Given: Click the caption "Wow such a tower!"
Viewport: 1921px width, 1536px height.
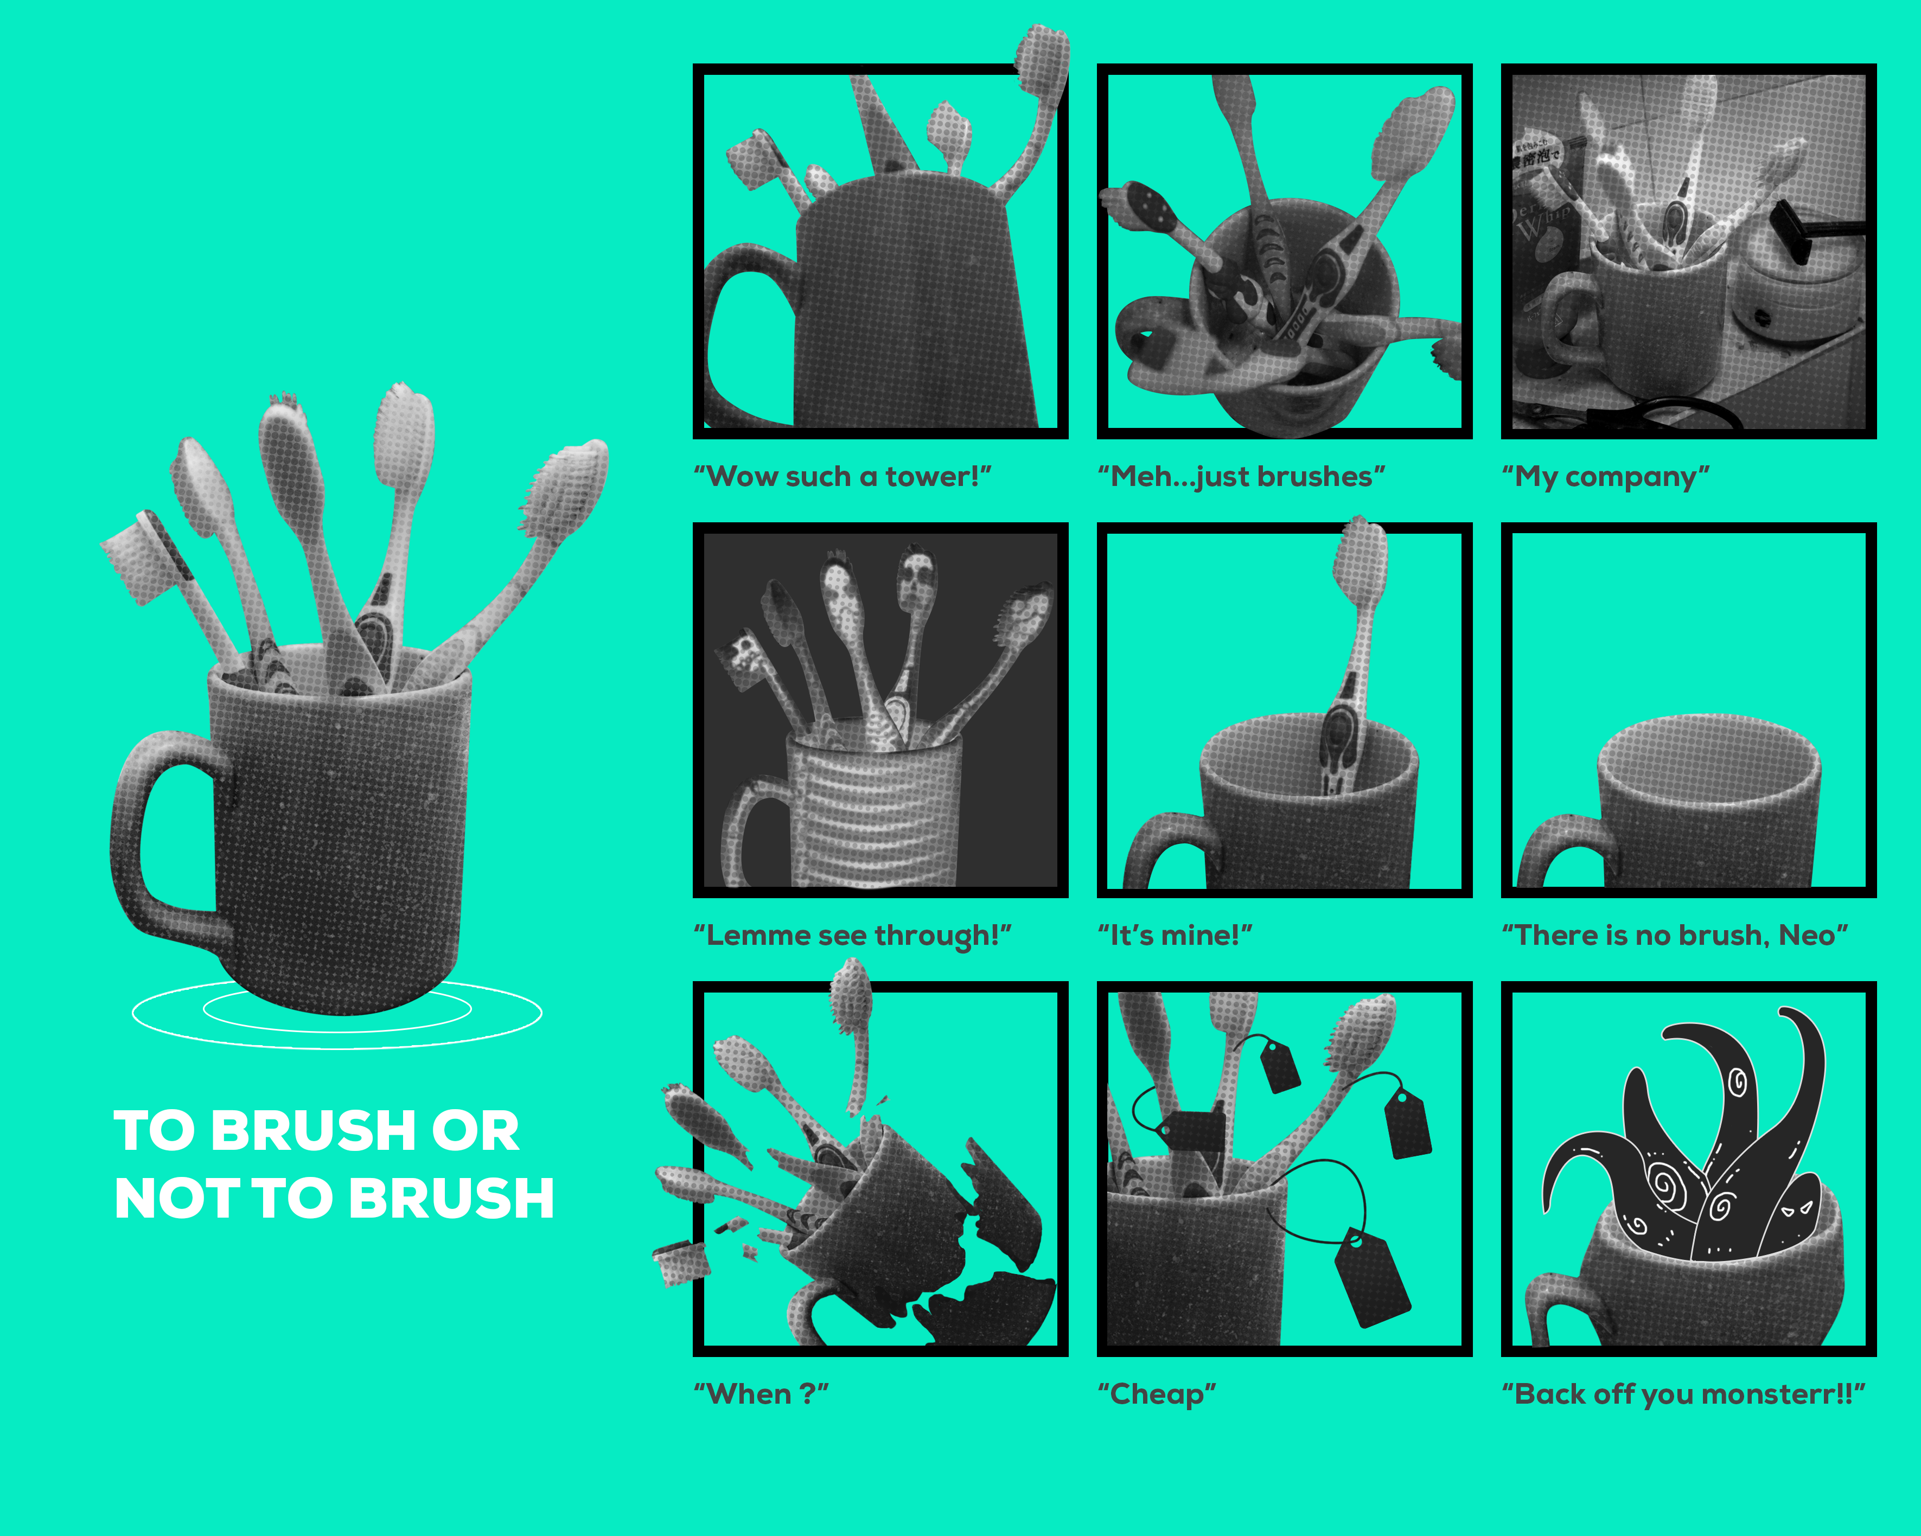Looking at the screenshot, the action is click(842, 477).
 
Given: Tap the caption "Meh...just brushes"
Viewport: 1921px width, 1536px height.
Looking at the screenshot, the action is click(1241, 477).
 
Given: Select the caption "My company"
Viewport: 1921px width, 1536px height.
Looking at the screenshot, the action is click(1606, 477).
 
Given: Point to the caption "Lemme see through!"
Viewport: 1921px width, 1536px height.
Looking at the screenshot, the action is click(853, 936).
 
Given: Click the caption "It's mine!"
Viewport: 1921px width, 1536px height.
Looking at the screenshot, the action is click(1175, 936).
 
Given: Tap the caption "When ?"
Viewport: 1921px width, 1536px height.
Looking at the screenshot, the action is click(762, 1393).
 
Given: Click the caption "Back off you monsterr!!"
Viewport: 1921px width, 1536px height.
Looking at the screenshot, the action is click(1683, 1393).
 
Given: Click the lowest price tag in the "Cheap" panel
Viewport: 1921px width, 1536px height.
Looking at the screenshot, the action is click(1372, 1277).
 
